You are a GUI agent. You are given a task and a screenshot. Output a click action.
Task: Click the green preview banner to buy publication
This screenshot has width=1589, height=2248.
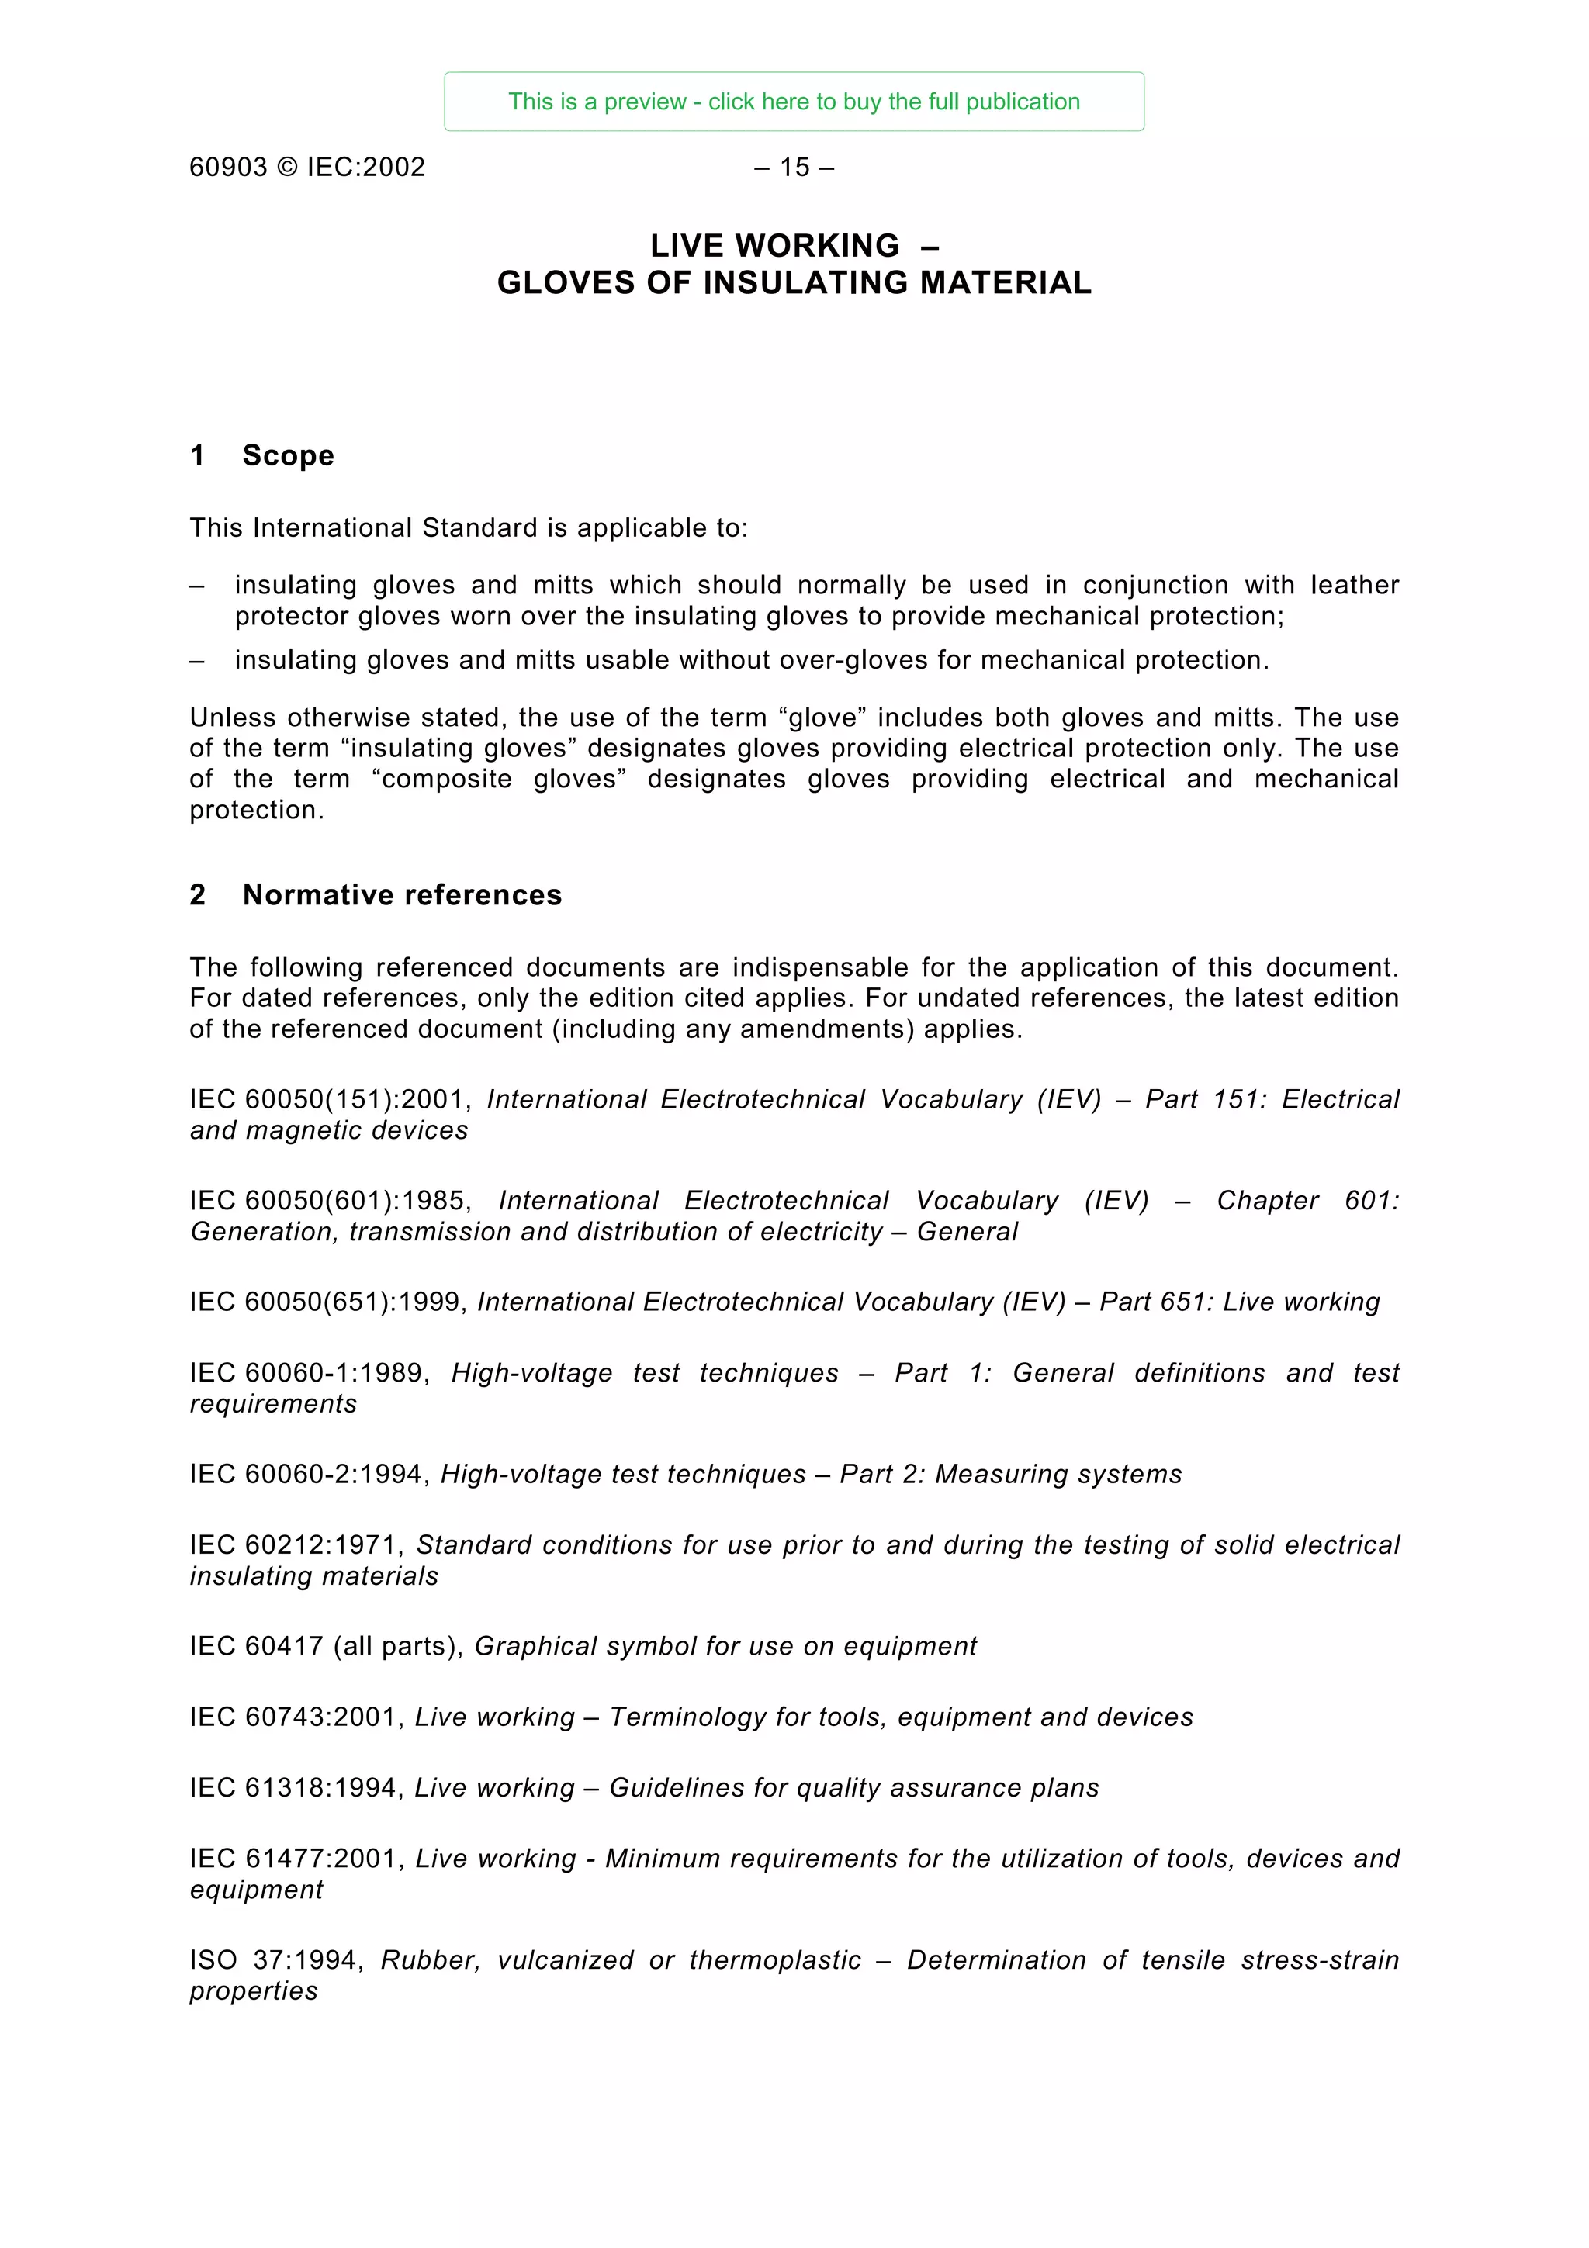(x=793, y=102)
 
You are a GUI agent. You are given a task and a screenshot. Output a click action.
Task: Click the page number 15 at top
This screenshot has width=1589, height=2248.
(x=794, y=168)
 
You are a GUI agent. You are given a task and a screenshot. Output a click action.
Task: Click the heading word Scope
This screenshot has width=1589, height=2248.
(x=288, y=455)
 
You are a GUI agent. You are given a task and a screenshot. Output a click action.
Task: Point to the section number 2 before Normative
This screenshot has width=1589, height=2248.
(x=198, y=895)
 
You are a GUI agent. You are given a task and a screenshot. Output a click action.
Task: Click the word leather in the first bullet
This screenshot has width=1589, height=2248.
(x=1354, y=585)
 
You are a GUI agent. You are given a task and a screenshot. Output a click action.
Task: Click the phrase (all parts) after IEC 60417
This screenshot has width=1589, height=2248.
(x=399, y=1647)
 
